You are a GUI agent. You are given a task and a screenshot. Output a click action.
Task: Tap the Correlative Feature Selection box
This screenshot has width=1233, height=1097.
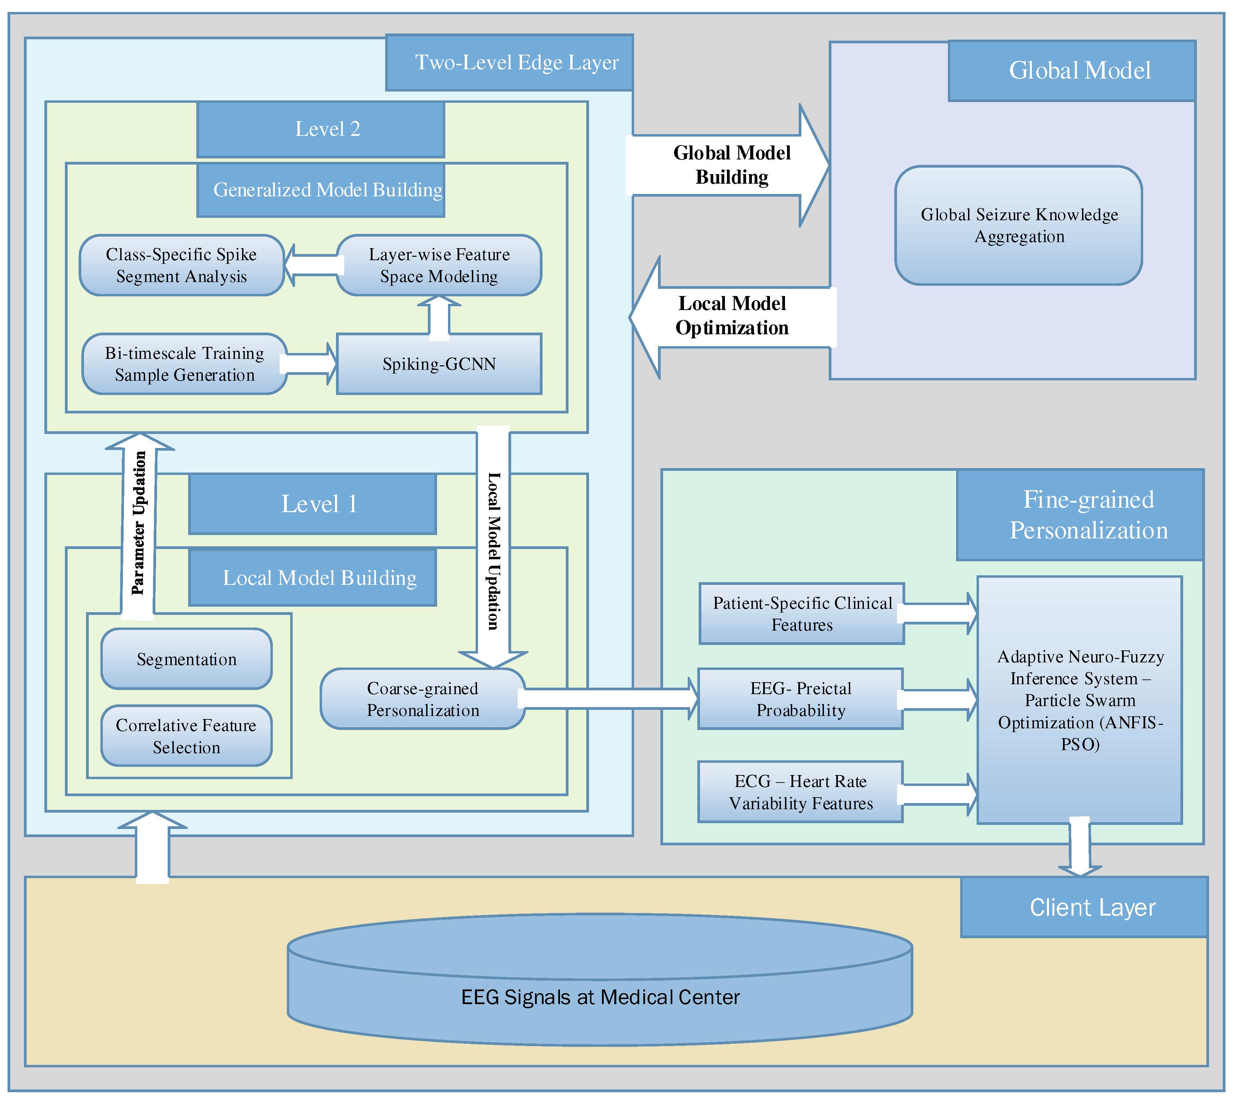click(186, 736)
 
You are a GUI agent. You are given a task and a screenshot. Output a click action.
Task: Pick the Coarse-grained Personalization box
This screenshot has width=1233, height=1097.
click(422, 699)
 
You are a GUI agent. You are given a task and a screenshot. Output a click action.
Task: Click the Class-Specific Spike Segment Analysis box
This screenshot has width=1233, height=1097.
click(182, 265)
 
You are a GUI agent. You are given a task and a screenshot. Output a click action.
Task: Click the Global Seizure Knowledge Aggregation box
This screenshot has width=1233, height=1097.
click(1019, 226)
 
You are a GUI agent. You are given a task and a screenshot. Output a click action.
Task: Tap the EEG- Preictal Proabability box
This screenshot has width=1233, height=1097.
click(800, 699)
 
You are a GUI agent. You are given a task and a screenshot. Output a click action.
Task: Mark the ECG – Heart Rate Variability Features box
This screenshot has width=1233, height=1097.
click(800, 792)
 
